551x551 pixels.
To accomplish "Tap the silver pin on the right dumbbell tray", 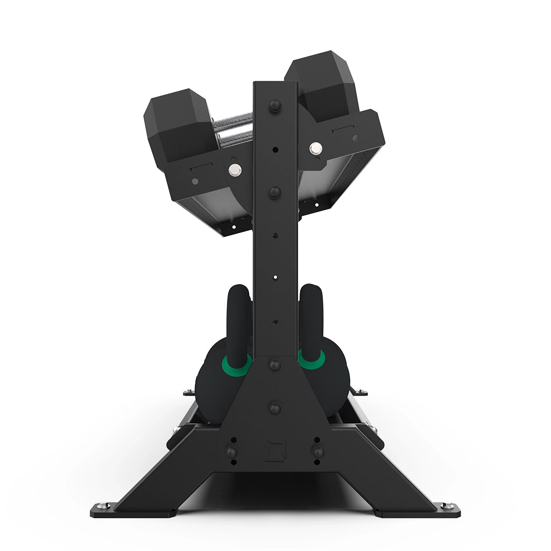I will [x=315, y=146].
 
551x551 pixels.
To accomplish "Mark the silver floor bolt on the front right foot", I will [x=446, y=506].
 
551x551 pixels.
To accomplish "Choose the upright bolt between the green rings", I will [x=275, y=365].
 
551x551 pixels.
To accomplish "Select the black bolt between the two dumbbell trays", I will [x=275, y=192].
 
